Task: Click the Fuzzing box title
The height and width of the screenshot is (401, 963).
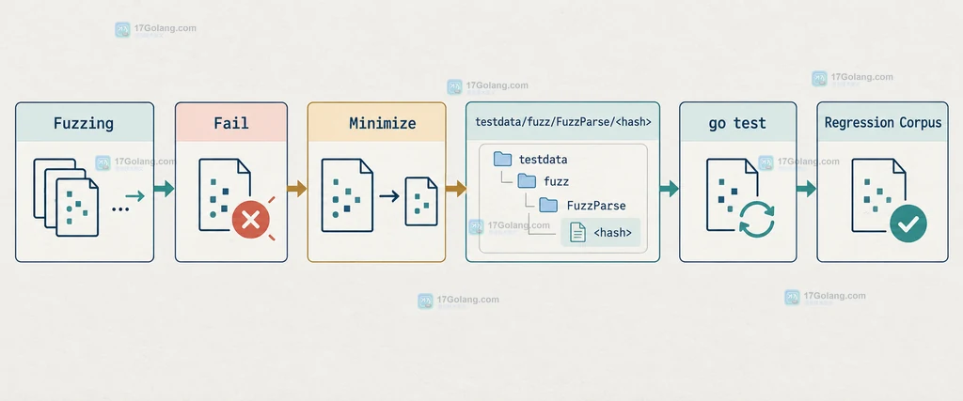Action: click(x=84, y=123)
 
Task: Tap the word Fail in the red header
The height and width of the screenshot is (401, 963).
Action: click(x=231, y=123)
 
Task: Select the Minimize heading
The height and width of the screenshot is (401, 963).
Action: click(x=382, y=123)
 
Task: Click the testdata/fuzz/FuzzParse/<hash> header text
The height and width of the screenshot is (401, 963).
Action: click(x=562, y=122)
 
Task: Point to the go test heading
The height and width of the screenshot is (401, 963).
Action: click(x=737, y=123)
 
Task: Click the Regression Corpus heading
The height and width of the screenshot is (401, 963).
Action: click(x=882, y=123)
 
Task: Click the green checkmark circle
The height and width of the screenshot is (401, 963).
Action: click(x=908, y=224)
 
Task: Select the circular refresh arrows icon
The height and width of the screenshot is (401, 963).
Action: click(x=757, y=220)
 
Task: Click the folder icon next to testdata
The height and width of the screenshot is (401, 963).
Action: click(x=502, y=160)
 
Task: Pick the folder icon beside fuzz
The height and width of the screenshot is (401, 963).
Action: click(x=527, y=181)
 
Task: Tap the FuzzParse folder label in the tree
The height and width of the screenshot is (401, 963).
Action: click(x=595, y=206)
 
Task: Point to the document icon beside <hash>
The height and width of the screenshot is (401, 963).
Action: click(x=577, y=232)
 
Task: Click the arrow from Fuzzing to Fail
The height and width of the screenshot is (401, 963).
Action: click(x=164, y=189)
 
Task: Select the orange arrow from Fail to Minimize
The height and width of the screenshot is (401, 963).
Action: click(x=296, y=189)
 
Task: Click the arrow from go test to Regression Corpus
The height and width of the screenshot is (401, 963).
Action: click(x=806, y=189)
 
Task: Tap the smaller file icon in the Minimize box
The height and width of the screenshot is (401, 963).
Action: click(x=420, y=201)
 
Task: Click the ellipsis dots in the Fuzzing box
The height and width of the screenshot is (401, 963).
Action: click(x=120, y=209)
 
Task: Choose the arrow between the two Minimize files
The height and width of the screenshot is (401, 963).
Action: click(x=388, y=197)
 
